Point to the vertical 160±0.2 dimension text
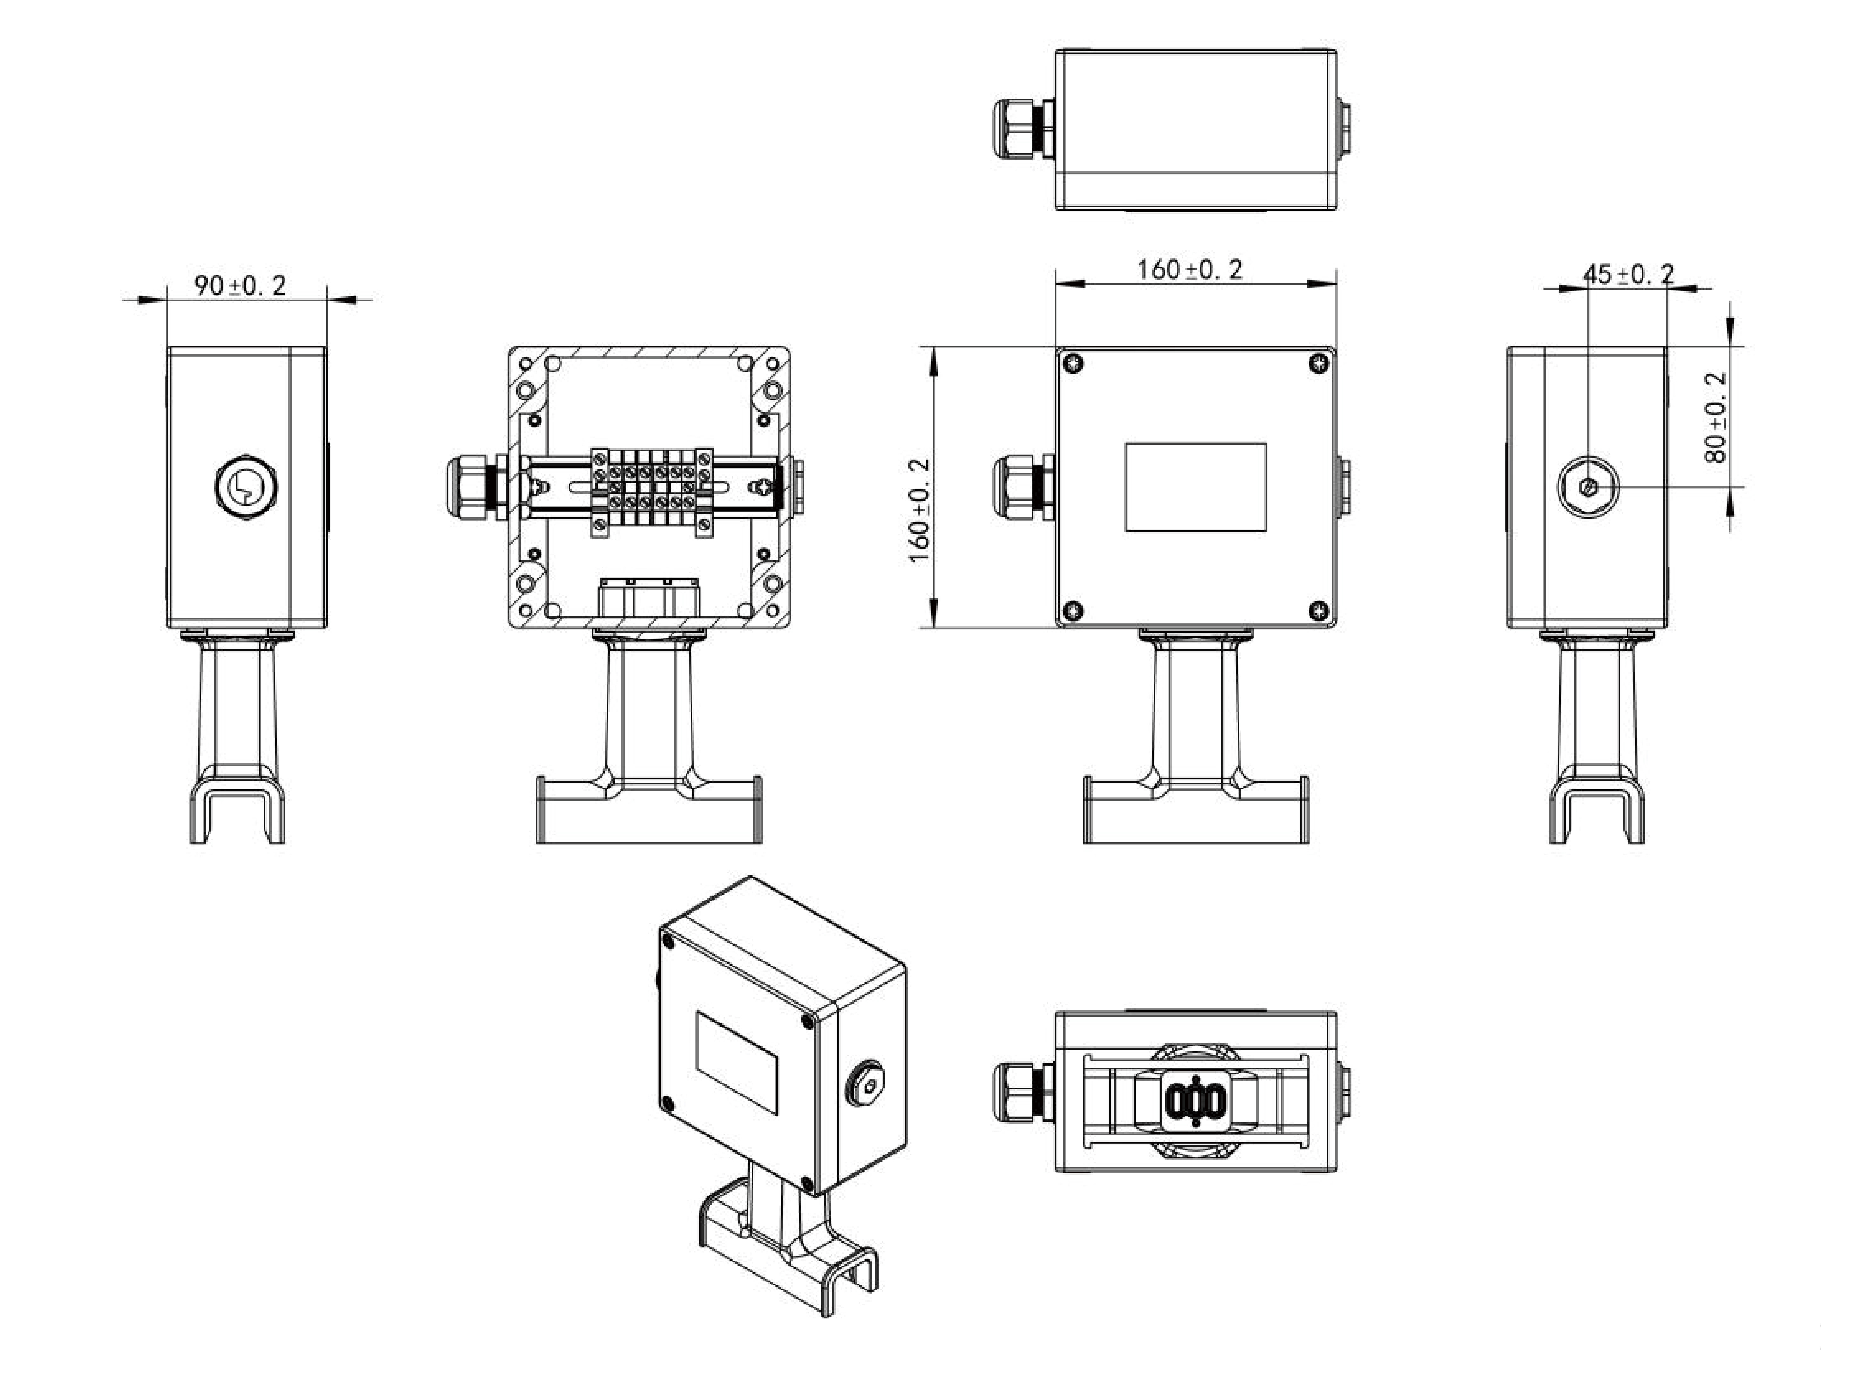tap(919, 511)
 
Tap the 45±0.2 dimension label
tap(1629, 274)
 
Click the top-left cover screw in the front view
tap(1074, 364)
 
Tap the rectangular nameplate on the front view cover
tap(1196, 487)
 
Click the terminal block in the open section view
tap(652, 492)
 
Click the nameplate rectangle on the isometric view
tap(737, 1063)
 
